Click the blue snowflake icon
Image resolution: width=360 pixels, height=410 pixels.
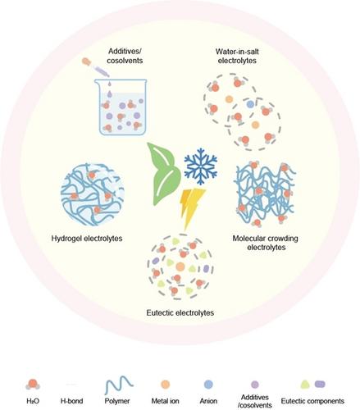point(201,166)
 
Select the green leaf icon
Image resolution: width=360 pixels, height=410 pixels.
point(163,175)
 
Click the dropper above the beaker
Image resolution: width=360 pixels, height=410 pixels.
point(95,67)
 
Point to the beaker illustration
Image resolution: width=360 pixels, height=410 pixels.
point(121,107)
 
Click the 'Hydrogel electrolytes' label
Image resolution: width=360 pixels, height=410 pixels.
point(87,239)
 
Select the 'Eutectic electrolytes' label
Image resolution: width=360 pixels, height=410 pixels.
point(180,312)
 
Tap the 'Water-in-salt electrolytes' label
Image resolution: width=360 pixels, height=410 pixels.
point(237,56)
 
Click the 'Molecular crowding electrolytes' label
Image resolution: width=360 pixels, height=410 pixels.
point(266,243)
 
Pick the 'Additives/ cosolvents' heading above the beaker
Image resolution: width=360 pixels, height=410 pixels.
point(125,56)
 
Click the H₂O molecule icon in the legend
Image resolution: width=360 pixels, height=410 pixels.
point(33,385)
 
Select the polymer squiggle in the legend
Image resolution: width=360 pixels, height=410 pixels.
point(119,385)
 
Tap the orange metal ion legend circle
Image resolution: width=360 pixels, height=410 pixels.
point(165,385)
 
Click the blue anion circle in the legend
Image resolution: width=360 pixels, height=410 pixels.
point(208,385)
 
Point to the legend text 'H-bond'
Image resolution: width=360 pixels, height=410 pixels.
point(71,401)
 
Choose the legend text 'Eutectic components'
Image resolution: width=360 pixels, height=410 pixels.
point(312,401)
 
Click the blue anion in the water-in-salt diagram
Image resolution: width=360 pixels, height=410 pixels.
point(250,104)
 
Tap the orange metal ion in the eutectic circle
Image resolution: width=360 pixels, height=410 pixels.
point(180,266)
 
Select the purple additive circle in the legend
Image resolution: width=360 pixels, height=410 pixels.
point(255,385)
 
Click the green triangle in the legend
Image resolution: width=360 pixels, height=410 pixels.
point(305,385)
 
